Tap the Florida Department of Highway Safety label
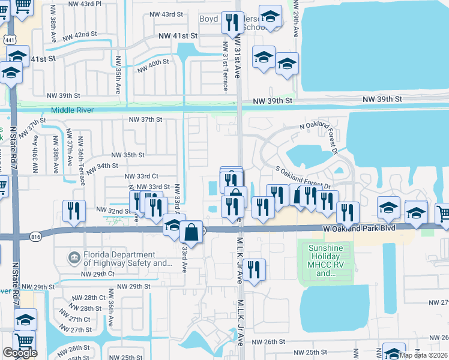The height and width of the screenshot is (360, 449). pos(128,259)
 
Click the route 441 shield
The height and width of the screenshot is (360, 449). pos(10,40)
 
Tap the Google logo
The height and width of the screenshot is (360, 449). pos(20,353)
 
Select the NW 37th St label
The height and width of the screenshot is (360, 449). pos(145,119)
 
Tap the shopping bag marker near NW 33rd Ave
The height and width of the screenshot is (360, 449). pos(191,230)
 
